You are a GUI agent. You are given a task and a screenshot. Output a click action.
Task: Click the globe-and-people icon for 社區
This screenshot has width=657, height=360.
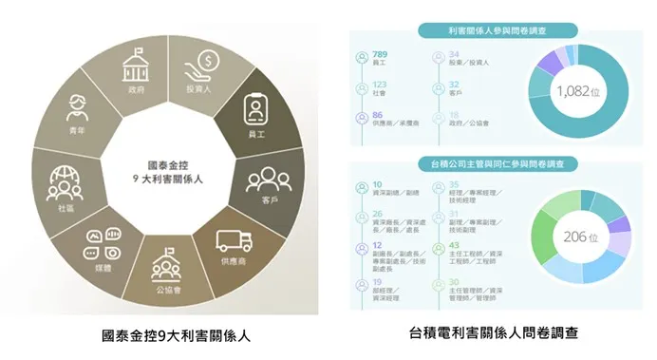(65, 180)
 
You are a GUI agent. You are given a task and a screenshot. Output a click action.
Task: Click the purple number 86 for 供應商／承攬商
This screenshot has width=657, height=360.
(380, 116)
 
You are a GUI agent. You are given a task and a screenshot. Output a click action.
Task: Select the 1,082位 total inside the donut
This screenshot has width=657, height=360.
(581, 92)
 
